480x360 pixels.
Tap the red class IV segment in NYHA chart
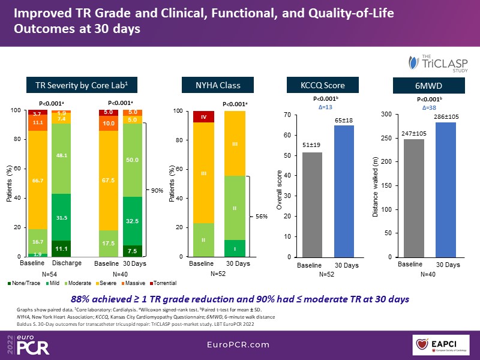204,116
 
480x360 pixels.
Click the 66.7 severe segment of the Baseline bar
37,180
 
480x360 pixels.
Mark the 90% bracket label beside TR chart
157,191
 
